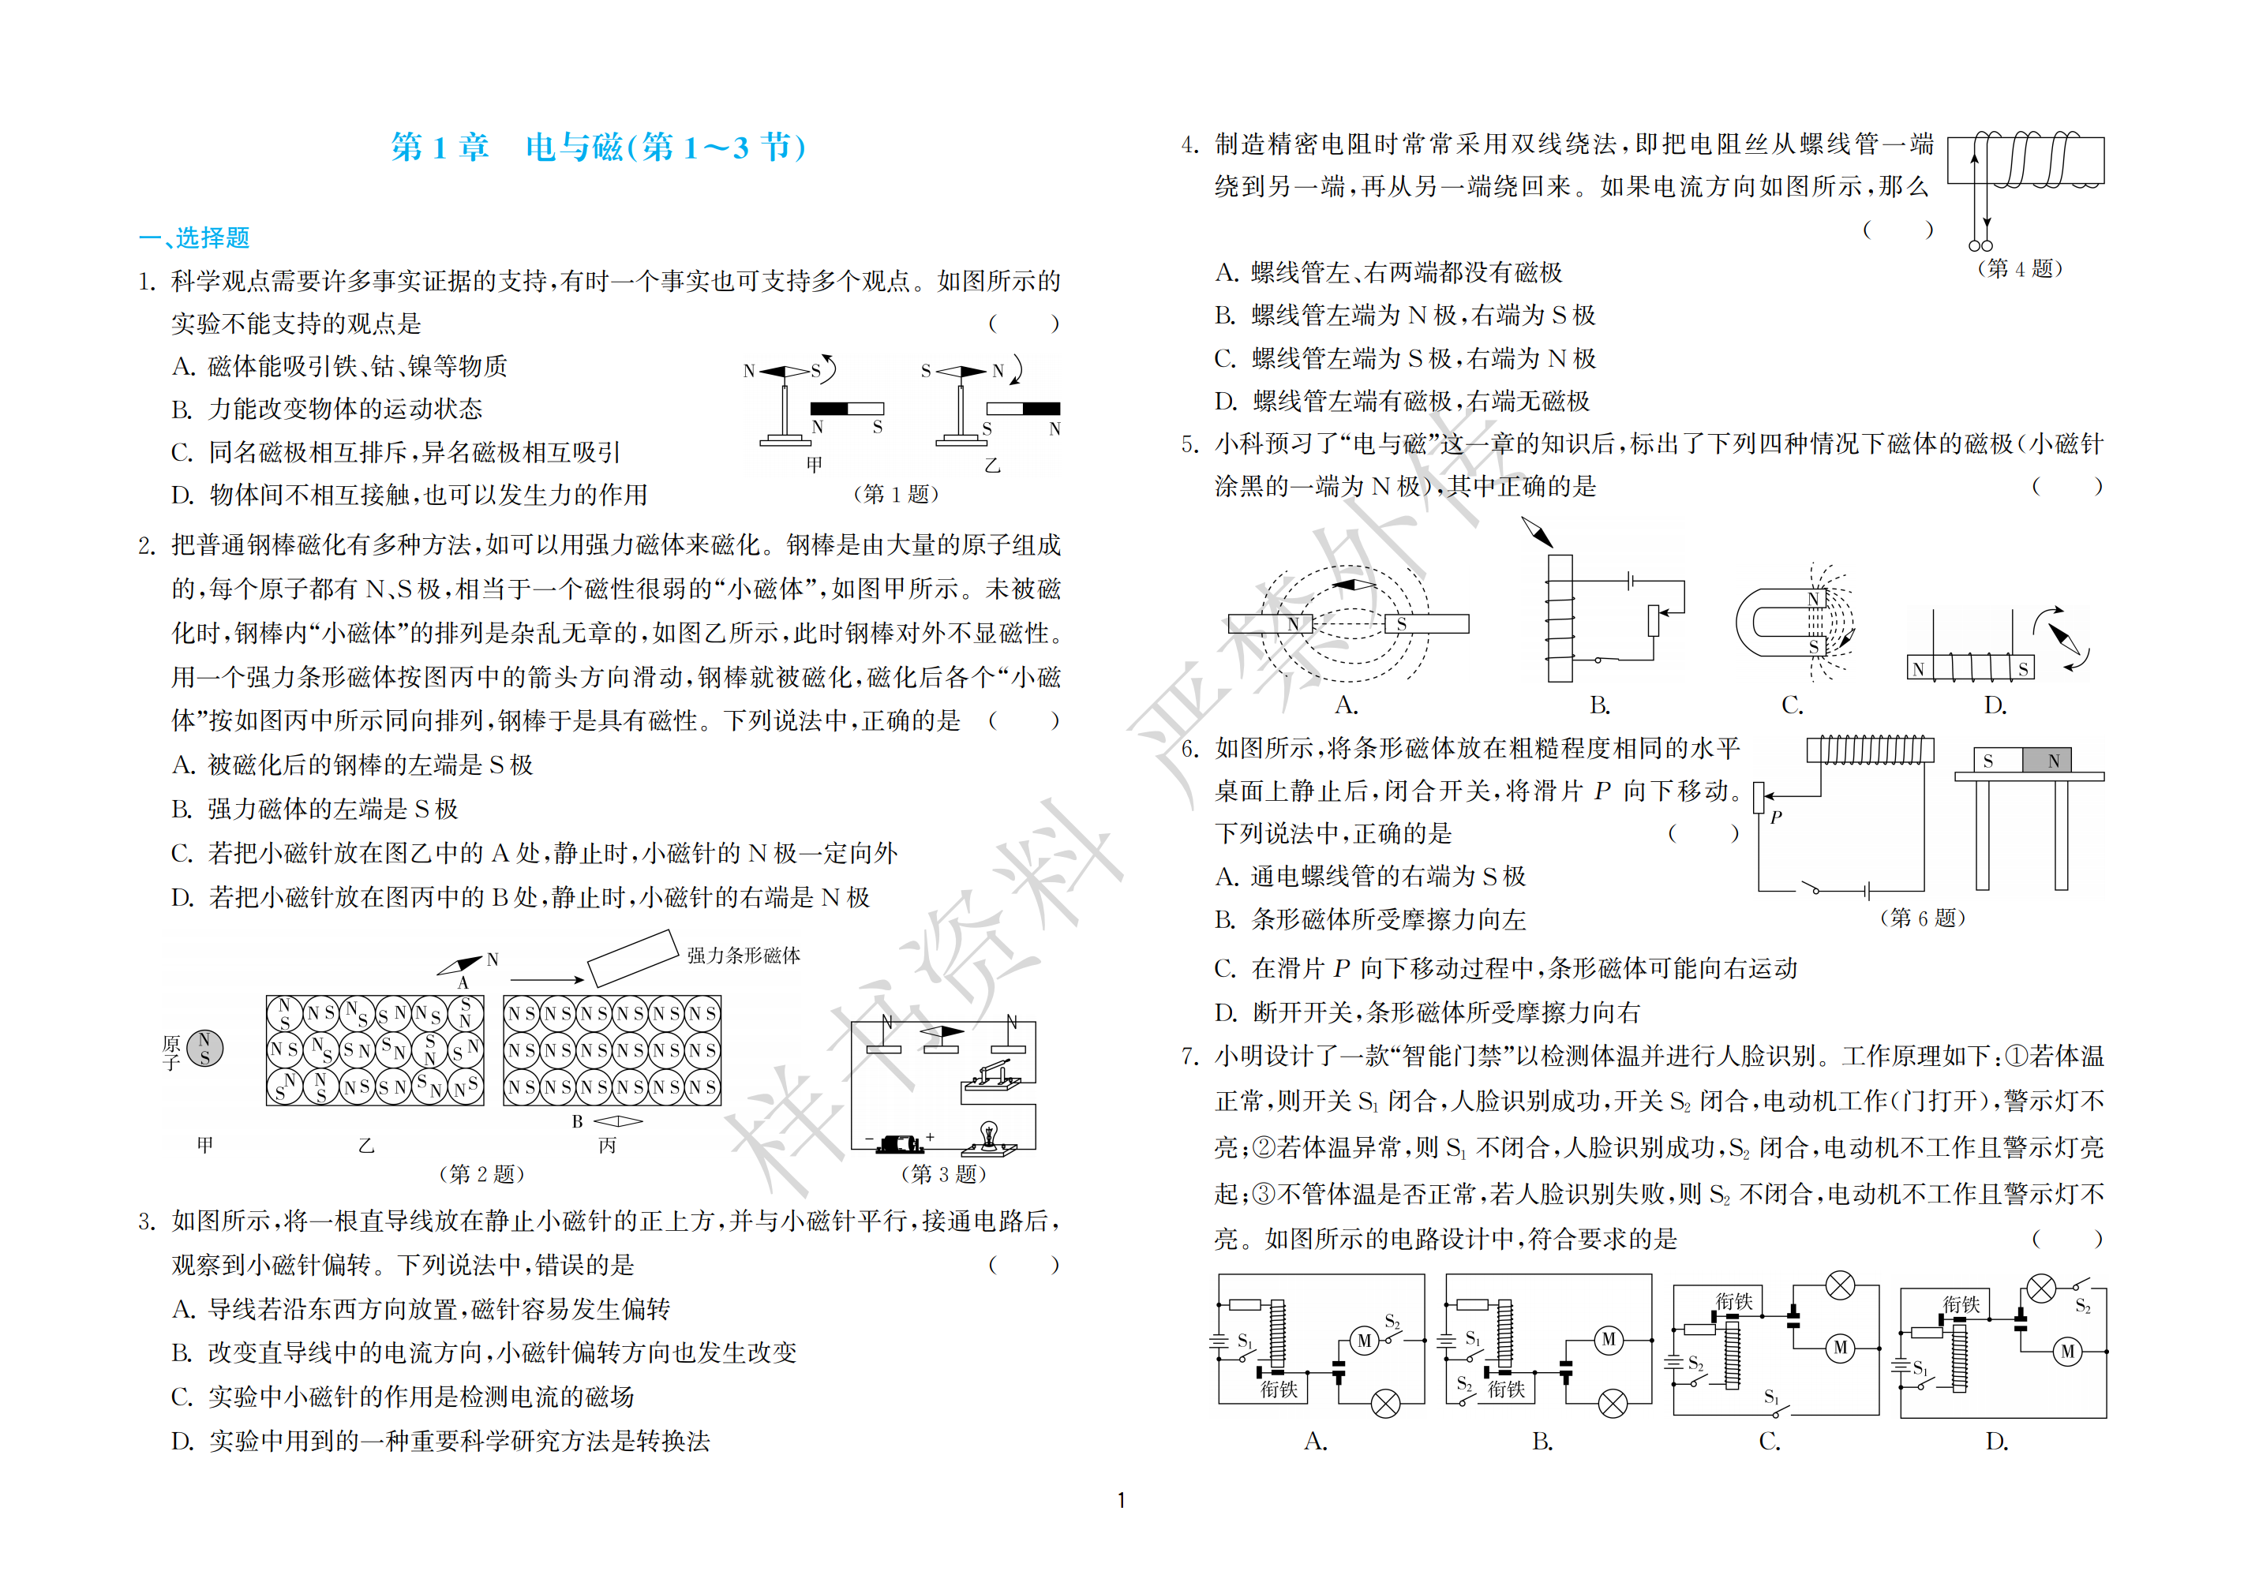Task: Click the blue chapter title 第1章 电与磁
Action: tap(599, 148)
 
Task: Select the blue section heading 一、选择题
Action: tap(194, 238)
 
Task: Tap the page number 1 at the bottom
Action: tap(1121, 1500)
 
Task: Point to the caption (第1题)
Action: tap(896, 493)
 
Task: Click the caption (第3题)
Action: tap(943, 1173)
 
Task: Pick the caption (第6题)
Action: tap(1923, 918)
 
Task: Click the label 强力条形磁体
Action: tap(744, 955)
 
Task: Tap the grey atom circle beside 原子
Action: tap(205, 1049)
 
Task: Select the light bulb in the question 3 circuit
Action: tap(989, 1135)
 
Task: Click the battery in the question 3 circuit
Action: tap(898, 1143)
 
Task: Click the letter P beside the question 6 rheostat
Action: tap(1775, 817)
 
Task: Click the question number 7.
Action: tap(1189, 1057)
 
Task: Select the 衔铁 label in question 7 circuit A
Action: tap(1279, 1389)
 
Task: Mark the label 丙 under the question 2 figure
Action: tap(607, 1145)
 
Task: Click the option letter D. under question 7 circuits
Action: tap(1997, 1442)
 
